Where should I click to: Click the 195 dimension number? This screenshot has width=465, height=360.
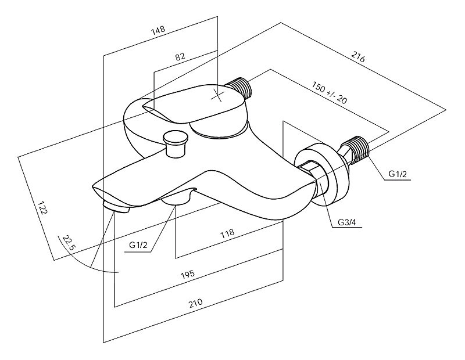187,273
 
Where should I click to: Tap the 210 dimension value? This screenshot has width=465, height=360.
196,303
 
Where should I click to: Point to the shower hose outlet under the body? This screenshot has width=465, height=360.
178,199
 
